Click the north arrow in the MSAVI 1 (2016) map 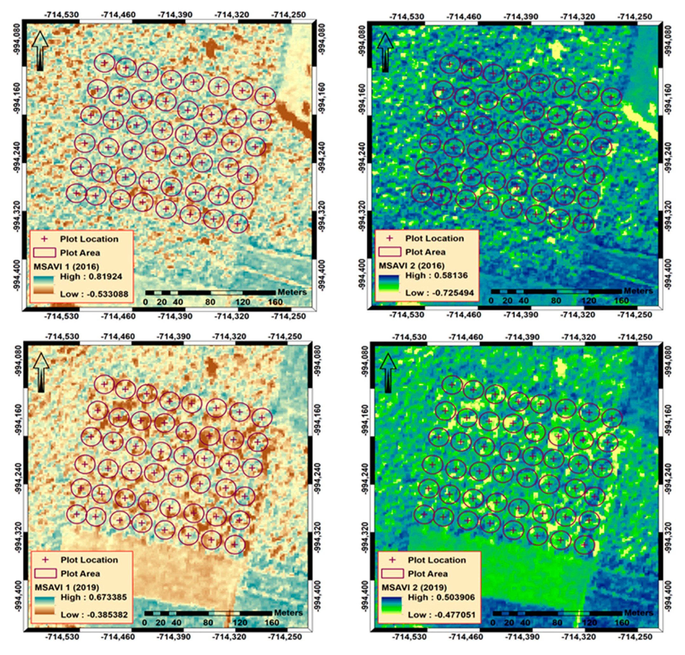[x=40, y=51]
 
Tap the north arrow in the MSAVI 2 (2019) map [x=387, y=373]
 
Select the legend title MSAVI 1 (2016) [x=66, y=266]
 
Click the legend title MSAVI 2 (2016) [x=412, y=265]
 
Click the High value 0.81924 [x=91, y=277]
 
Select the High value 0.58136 [x=436, y=275]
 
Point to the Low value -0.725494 [x=439, y=293]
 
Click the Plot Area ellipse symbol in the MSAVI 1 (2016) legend [x=44, y=252]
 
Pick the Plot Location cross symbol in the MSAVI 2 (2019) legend [x=392, y=560]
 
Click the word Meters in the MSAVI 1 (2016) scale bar [x=292, y=292]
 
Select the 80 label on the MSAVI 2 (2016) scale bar [x=556, y=300]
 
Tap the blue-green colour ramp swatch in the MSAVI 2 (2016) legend [x=388, y=284]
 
